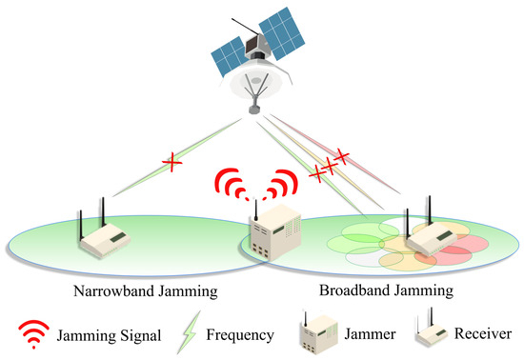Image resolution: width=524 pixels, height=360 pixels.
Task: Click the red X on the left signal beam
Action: [172, 164]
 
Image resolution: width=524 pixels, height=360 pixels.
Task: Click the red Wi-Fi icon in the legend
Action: [31, 332]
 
